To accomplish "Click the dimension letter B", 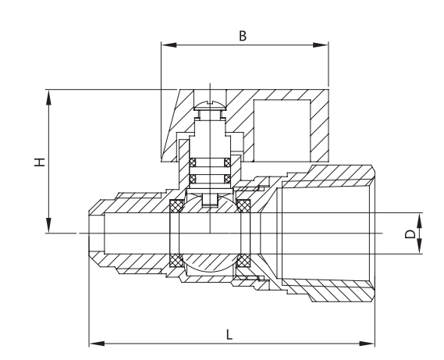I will (x=243, y=35).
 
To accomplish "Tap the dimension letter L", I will (x=229, y=333).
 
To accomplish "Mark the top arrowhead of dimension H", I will (x=49, y=96).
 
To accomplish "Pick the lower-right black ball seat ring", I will (x=243, y=260).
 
